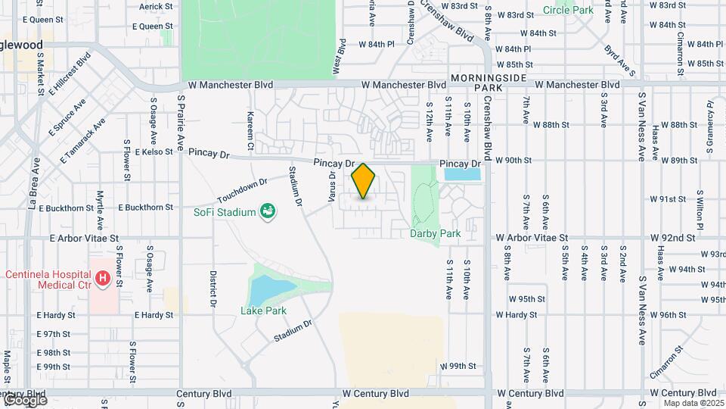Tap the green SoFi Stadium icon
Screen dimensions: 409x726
[267, 211]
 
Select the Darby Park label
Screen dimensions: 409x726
[435, 234]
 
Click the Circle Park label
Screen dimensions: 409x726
[567, 11]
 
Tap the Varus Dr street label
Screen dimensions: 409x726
[331, 186]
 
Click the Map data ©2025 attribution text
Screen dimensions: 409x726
[693, 403]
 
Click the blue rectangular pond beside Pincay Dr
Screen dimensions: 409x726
[463, 174]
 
